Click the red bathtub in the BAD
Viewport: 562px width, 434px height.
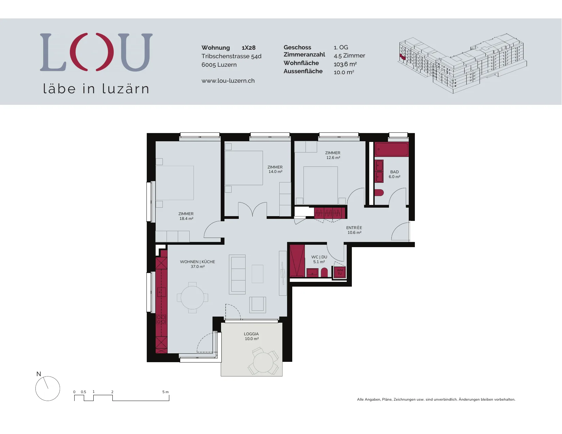coord(392,149)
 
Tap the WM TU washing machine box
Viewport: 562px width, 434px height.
coord(340,272)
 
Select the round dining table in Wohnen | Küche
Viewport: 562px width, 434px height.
coord(192,298)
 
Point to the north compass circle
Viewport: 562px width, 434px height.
coord(48,388)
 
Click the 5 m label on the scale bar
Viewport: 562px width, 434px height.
coord(166,392)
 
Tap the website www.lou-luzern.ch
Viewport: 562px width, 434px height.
coord(228,81)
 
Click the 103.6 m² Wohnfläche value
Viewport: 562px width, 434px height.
coord(345,64)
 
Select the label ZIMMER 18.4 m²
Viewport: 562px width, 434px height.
coord(186,216)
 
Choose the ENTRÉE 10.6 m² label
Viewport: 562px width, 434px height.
coord(354,230)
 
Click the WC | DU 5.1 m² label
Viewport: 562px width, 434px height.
coord(319,259)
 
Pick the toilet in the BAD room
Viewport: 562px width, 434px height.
coord(379,193)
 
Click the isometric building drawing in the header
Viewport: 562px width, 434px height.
coord(462,63)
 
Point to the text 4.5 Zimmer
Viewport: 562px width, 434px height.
coord(349,55)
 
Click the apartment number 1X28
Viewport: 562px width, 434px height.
coord(249,48)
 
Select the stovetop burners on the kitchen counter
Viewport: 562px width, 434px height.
coord(161,320)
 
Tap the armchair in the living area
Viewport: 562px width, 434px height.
coord(257,305)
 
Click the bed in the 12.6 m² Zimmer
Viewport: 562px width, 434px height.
coord(321,185)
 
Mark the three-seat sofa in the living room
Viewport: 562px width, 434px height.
coord(237,274)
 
